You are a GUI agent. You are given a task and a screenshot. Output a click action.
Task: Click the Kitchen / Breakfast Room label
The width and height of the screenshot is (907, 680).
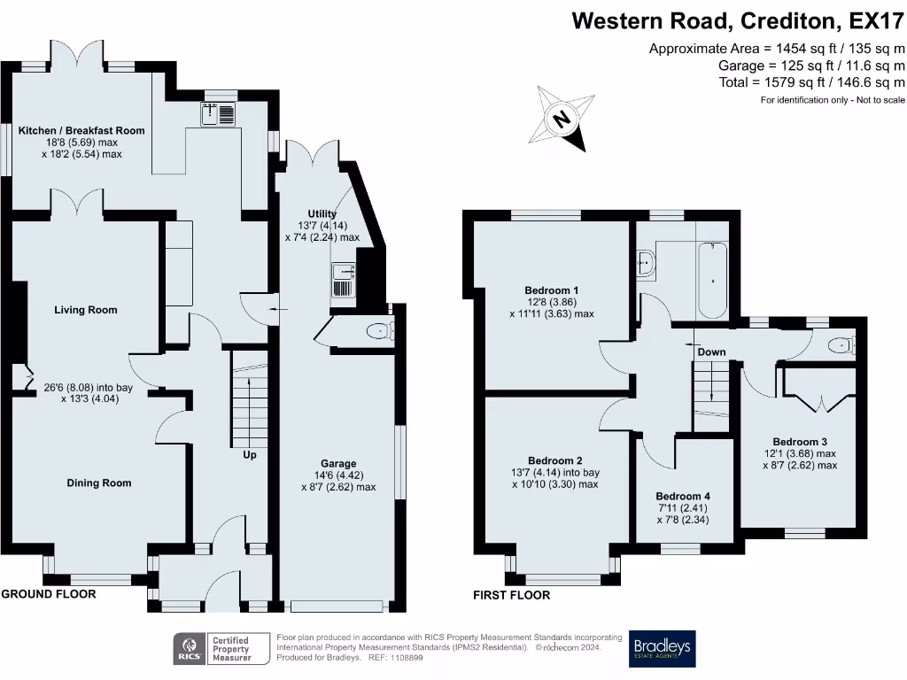point(81,131)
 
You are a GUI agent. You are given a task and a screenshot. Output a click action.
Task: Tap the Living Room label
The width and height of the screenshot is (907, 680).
point(86,310)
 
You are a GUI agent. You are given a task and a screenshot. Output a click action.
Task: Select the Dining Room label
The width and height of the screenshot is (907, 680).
point(99,483)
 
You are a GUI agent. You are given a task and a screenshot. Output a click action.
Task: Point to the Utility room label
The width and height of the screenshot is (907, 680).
point(322,214)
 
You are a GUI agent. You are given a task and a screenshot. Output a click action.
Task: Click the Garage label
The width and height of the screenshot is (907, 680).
point(338,464)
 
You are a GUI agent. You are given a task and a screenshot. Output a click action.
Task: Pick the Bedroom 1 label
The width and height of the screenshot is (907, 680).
point(551,290)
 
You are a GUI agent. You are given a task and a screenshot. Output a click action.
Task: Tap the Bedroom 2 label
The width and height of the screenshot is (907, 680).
point(554,460)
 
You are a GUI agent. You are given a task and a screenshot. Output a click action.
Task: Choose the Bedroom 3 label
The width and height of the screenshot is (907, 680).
point(800,442)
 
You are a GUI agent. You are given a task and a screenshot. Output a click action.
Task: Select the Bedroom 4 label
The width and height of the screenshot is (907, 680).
point(683,496)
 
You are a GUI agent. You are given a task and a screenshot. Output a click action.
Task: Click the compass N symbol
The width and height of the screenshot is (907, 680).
point(562,119)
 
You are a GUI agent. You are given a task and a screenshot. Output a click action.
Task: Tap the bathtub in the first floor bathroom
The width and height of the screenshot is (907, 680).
point(713,281)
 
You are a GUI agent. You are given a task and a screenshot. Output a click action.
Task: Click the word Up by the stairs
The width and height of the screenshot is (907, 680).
point(249,455)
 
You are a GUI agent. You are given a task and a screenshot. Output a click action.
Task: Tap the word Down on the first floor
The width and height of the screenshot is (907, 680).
point(711,352)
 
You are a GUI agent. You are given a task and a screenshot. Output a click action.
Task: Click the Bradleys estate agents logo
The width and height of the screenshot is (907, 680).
point(663,649)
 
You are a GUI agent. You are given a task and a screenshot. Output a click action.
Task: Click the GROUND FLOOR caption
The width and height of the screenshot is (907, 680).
point(49,594)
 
